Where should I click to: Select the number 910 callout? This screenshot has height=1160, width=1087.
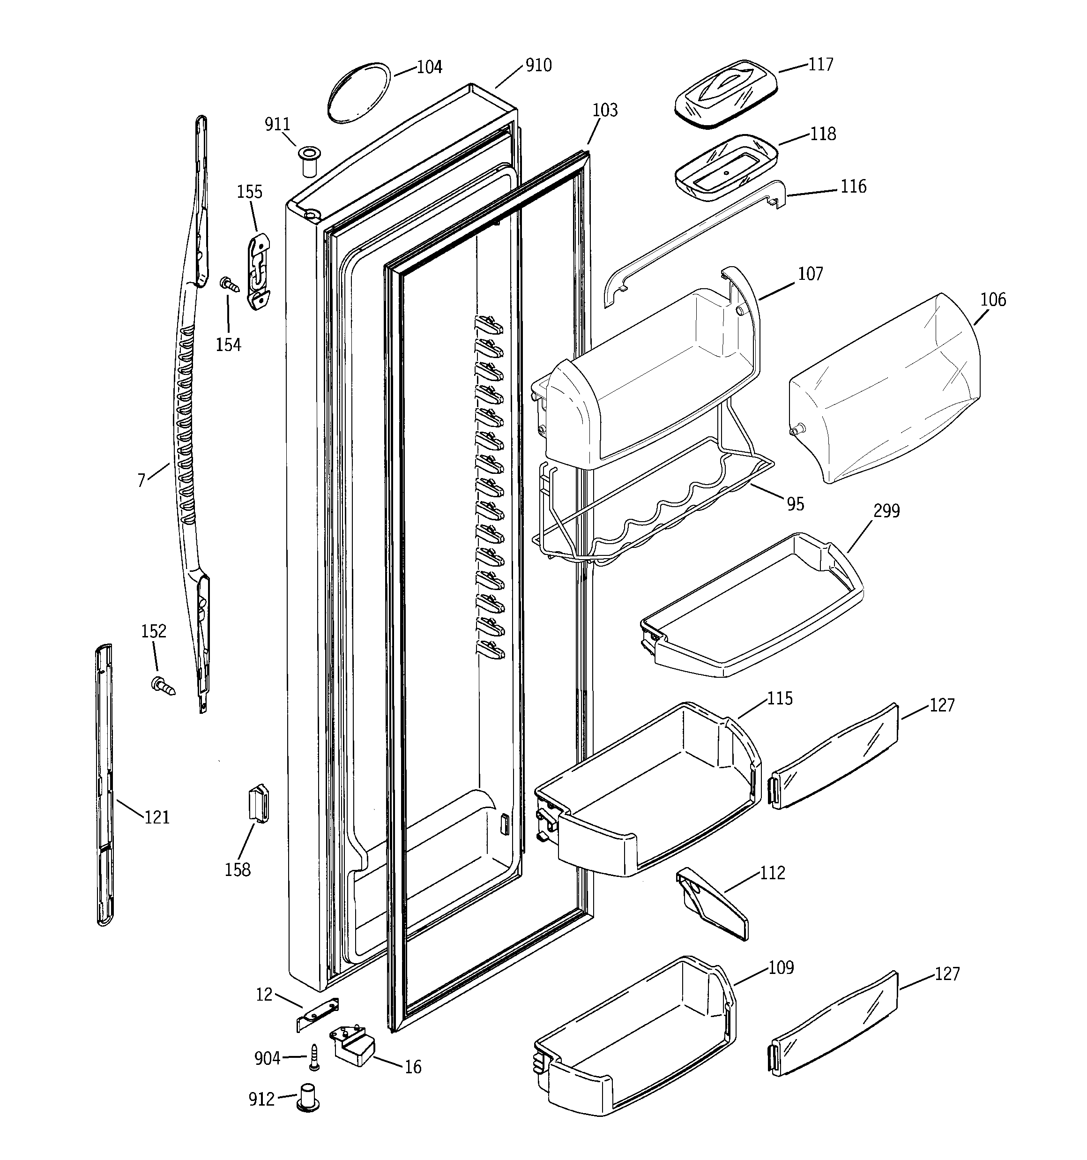(538, 65)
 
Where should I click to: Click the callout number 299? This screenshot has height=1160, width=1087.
(886, 511)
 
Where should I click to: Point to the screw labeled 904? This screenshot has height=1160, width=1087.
(314, 1057)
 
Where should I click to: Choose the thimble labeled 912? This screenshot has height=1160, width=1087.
(308, 1098)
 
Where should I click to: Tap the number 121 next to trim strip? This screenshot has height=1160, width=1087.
(157, 817)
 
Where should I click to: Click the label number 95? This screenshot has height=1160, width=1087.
(795, 504)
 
